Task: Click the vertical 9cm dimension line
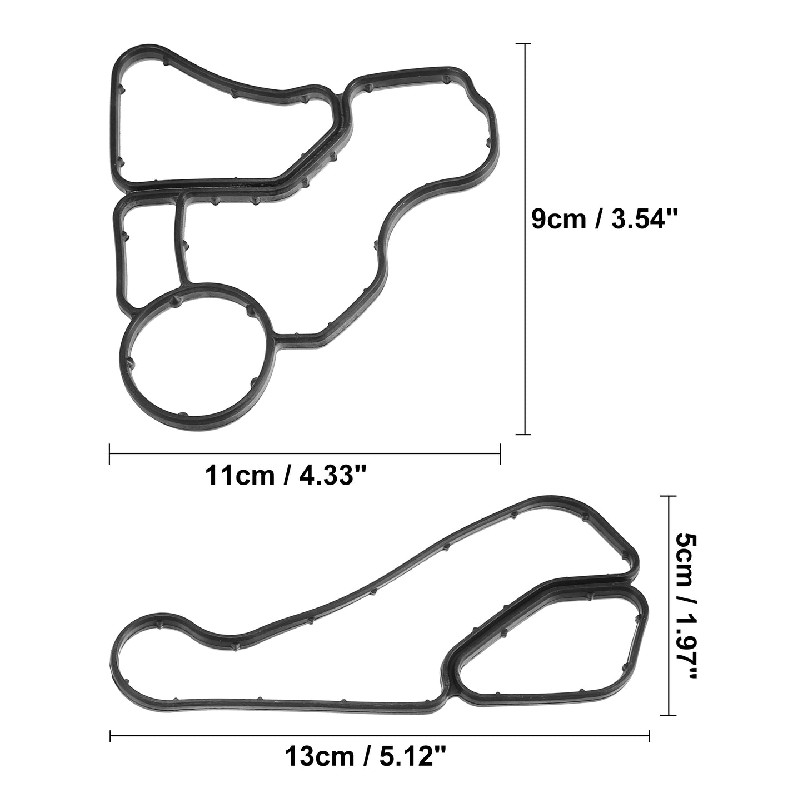tap(523, 239)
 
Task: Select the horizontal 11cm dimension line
tap(305, 454)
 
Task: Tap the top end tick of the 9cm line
tap(523, 43)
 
